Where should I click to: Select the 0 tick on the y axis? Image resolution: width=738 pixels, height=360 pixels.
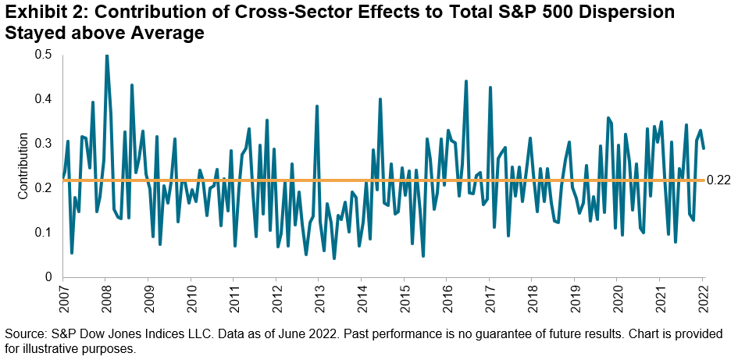[x=48, y=277]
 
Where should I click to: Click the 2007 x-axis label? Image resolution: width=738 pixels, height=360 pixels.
[x=63, y=298]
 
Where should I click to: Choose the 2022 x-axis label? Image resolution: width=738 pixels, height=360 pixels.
[x=703, y=298]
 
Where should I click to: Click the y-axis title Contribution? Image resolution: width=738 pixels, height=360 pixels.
[x=23, y=166]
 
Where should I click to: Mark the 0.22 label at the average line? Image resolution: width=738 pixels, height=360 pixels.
[x=717, y=180]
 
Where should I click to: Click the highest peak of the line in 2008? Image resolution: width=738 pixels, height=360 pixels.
[x=106, y=55]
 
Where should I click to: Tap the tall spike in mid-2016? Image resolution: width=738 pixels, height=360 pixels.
[x=466, y=81]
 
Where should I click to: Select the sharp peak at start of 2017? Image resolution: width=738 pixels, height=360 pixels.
[x=490, y=87]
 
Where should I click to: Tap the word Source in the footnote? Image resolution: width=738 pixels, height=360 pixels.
[x=24, y=333]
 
